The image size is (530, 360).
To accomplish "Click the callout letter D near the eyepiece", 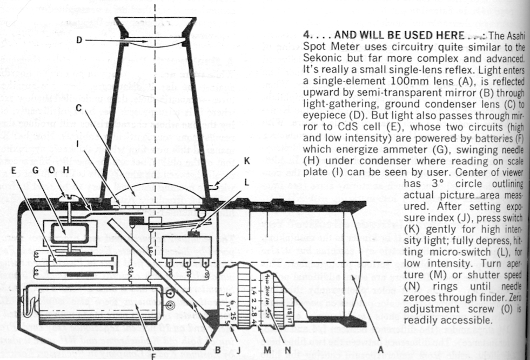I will [79, 40].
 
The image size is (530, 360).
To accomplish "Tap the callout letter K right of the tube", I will [247, 161].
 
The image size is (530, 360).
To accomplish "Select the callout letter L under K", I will [247, 183].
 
